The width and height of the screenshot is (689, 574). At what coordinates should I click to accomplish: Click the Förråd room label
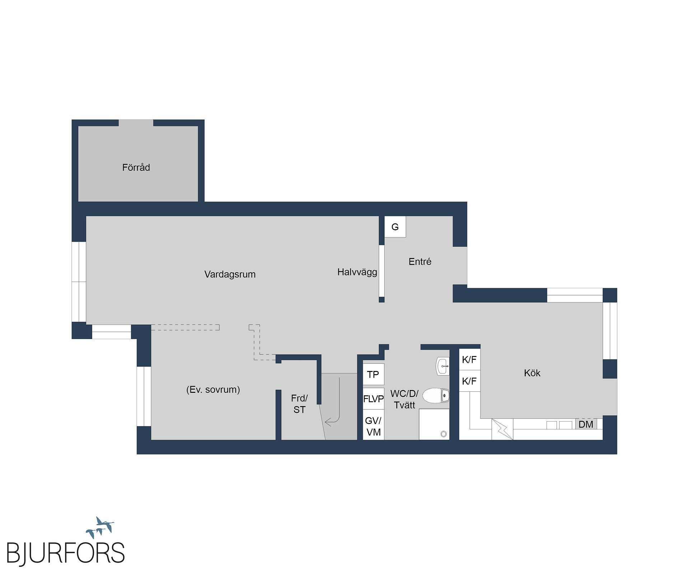pyautogui.click(x=136, y=168)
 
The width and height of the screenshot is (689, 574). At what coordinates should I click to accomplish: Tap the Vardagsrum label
pyautogui.click(x=230, y=274)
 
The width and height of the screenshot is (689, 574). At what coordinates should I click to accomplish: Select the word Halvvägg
pyautogui.click(x=357, y=272)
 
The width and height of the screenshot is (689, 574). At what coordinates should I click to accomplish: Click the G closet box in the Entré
pyautogui.click(x=395, y=227)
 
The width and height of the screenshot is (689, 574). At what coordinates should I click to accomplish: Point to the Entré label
pyautogui.click(x=420, y=262)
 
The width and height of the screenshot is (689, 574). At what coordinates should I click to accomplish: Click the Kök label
pyautogui.click(x=532, y=373)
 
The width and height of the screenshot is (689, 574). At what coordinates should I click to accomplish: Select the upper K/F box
pyautogui.click(x=469, y=360)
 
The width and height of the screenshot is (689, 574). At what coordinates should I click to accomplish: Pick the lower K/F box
pyautogui.click(x=469, y=381)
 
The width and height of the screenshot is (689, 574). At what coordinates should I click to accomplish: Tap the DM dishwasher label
pyautogui.click(x=586, y=424)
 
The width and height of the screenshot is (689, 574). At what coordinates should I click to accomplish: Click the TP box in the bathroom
pyautogui.click(x=373, y=375)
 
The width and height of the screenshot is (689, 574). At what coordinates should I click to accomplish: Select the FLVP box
pyautogui.click(x=374, y=399)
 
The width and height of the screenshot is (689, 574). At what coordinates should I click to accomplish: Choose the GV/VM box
pyautogui.click(x=374, y=426)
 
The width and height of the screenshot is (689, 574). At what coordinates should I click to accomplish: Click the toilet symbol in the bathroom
pyautogui.click(x=436, y=396)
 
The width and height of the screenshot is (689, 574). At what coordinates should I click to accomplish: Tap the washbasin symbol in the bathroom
pyautogui.click(x=442, y=366)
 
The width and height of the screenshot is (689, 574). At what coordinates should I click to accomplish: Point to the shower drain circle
pyautogui.click(x=444, y=434)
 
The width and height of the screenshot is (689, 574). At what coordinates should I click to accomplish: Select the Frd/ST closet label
pyautogui.click(x=299, y=404)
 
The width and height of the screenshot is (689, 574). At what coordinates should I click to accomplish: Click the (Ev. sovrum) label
pyautogui.click(x=213, y=390)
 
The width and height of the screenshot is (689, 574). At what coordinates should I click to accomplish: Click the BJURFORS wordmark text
pyautogui.click(x=66, y=553)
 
